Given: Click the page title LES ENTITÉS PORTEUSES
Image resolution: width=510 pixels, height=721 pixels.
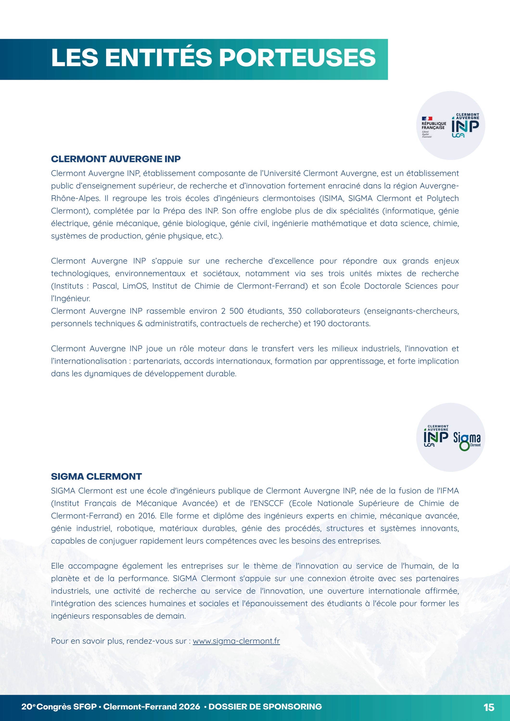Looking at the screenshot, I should pos(213,58).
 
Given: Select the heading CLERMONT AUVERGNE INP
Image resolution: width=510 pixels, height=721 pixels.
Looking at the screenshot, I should pos(116,159).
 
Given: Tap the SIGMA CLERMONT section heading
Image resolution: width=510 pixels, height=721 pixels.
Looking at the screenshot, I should pos(96,476).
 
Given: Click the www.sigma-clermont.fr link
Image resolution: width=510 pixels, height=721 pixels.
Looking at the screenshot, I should pos(236,641).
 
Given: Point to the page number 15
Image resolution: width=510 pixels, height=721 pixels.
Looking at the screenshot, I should pos(489,707).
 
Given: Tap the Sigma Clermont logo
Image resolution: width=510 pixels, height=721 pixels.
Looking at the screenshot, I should pos(467,440).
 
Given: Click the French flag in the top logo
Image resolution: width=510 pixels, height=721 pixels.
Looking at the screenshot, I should pos(427,118).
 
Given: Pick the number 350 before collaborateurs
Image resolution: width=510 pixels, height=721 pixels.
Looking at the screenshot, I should pos(294,311).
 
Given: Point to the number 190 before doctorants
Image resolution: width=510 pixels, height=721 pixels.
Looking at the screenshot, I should pos(319,324).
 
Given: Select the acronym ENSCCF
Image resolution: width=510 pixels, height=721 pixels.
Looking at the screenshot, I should pos(267,503).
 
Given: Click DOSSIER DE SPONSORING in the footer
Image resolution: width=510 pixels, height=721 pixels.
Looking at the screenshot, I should pos(265,707).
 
